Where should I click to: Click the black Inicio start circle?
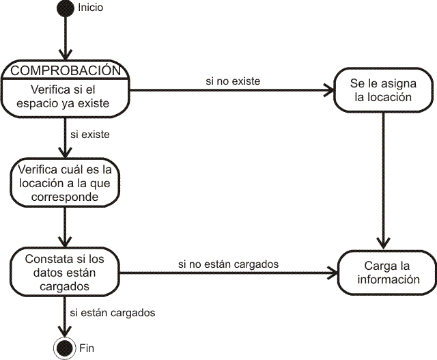66,8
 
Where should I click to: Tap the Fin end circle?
65,348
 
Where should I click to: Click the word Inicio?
91,8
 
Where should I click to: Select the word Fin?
87,348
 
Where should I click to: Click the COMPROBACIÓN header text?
66,70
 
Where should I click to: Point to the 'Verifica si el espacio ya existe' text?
63,96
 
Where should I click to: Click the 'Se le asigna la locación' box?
384,90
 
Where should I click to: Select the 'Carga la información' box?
387,273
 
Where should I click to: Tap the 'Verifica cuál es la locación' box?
65,182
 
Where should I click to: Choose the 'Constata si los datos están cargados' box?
65,272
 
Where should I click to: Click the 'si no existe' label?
233,81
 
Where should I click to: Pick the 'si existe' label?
90,135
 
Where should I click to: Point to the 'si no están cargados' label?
228,264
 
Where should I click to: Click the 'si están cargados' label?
113,313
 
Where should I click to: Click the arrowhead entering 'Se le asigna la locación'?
329,90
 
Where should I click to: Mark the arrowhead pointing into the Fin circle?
65,331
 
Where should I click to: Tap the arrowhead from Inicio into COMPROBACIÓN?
66,55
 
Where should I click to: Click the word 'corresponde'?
65,197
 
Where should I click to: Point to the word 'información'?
389,279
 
